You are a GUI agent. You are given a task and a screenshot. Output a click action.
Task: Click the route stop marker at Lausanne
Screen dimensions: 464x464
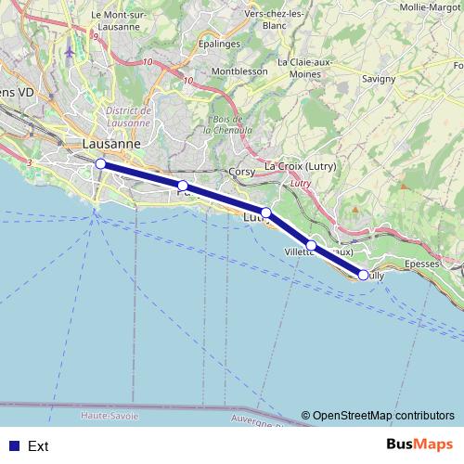99,164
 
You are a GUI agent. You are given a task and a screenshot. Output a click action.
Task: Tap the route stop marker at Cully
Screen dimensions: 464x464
365,275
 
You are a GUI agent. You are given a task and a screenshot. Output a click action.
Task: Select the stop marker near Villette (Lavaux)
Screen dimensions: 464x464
312,246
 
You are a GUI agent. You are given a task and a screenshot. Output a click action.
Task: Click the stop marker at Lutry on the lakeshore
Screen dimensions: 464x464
266,213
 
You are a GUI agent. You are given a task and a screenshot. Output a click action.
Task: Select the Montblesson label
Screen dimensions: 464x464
239,71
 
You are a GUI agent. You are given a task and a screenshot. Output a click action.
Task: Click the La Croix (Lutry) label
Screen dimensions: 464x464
300,166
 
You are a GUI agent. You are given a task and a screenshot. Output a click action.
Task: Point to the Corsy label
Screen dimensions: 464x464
241,172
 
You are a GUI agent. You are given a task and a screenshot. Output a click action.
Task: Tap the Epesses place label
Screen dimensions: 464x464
421,264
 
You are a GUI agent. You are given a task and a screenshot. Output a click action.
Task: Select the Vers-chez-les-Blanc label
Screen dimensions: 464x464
276,19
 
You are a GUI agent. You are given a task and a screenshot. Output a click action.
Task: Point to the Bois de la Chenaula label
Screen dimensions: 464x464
227,124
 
